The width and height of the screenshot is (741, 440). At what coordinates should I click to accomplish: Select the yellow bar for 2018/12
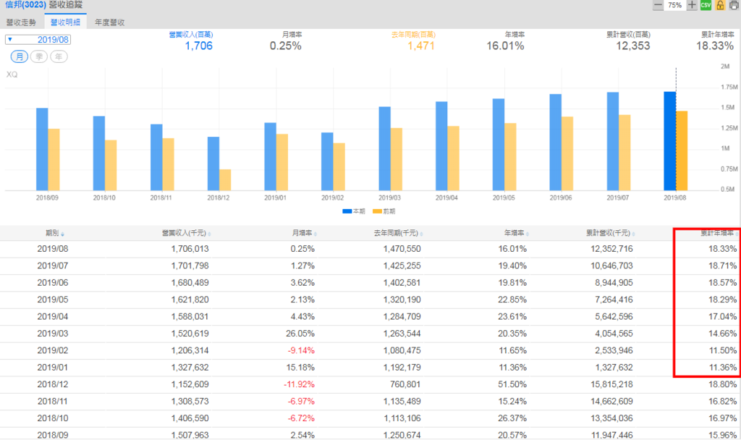[x=225, y=179]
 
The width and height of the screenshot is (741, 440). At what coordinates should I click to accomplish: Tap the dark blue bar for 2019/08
[x=669, y=140]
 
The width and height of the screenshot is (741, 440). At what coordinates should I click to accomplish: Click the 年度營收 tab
[x=110, y=22]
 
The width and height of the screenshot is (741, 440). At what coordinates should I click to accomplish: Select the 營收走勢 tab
[x=20, y=22]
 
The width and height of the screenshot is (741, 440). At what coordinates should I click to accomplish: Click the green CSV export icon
[x=706, y=5]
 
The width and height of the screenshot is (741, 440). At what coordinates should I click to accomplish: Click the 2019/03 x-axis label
[x=389, y=198]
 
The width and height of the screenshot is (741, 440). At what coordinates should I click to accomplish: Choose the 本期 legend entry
[x=352, y=211]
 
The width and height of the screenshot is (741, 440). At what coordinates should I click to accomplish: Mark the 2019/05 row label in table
[x=52, y=300]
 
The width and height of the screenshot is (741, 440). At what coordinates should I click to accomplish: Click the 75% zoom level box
[x=674, y=5]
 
